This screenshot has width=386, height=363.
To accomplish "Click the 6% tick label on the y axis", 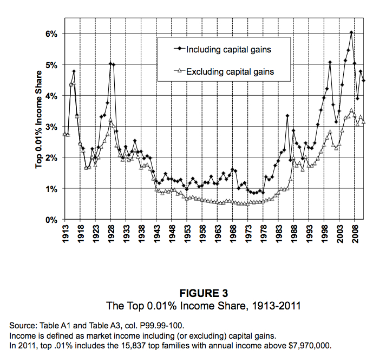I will click(x=50, y=34).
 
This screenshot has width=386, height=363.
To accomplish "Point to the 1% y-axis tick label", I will click(x=50, y=189).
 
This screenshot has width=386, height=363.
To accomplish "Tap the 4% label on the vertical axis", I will click(x=50, y=96).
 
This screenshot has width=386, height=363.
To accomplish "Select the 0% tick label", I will click(x=50, y=220).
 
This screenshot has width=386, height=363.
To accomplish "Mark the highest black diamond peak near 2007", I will click(x=351, y=32).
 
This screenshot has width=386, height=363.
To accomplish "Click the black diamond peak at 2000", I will click(x=330, y=62).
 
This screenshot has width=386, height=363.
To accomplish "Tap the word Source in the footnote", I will click(x=22, y=326).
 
